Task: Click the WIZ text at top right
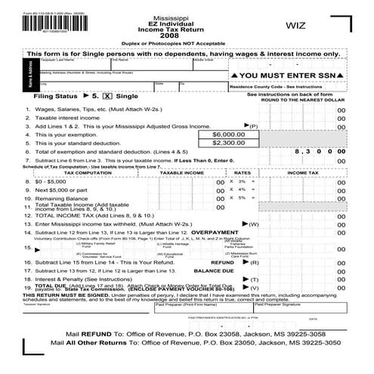click(x=295, y=26)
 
